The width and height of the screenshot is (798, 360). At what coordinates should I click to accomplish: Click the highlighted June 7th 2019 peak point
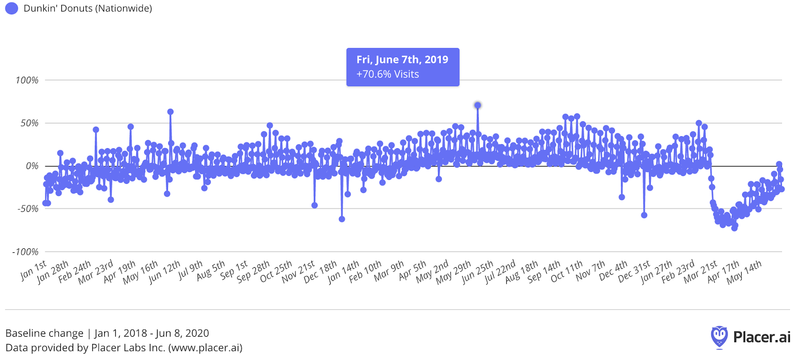[x=478, y=105]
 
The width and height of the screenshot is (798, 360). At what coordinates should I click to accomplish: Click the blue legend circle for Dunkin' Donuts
[x=11, y=8]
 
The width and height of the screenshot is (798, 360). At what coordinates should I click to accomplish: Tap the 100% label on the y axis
[x=27, y=80]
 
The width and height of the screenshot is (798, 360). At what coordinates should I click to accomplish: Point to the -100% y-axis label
[x=25, y=252]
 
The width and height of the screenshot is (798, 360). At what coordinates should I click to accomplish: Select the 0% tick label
[x=32, y=166]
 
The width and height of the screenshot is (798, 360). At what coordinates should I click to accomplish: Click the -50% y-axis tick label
[x=28, y=209]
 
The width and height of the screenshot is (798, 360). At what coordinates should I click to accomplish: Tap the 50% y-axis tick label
[x=29, y=123]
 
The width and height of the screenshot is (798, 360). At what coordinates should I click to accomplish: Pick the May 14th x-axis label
[x=744, y=272]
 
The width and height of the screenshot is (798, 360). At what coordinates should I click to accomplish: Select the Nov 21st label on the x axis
[x=298, y=272]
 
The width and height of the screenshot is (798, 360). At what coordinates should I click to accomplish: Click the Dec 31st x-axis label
[x=634, y=272]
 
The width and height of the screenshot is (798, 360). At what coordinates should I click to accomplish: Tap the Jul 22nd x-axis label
[x=500, y=272]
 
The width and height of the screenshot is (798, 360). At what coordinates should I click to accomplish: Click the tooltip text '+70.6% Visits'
[x=388, y=74]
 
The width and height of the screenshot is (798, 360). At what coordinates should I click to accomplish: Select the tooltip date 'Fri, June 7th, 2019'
[x=402, y=59]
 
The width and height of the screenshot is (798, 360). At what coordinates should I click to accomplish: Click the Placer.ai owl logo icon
[x=719, y=337]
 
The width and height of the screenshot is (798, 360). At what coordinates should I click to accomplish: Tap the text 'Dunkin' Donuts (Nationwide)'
[x=88, y=8]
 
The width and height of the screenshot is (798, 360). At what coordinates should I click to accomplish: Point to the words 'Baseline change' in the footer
[x=44, y=333]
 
